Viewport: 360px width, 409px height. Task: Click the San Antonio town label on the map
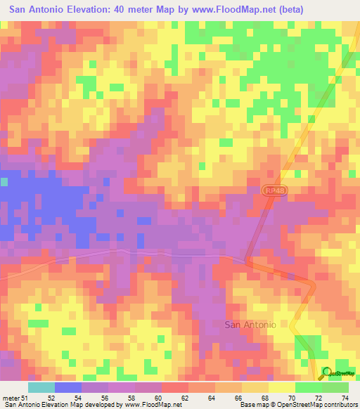(x=250, y=325)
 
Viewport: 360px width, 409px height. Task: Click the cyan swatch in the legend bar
(x=41, y=387)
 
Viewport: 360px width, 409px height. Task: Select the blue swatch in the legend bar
(x=68, y=387)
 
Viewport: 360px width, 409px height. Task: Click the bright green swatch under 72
(x=308, y=387)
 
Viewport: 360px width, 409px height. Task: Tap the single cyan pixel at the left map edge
(x=4, y=182)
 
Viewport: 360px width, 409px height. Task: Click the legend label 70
(x=293, y=397)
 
